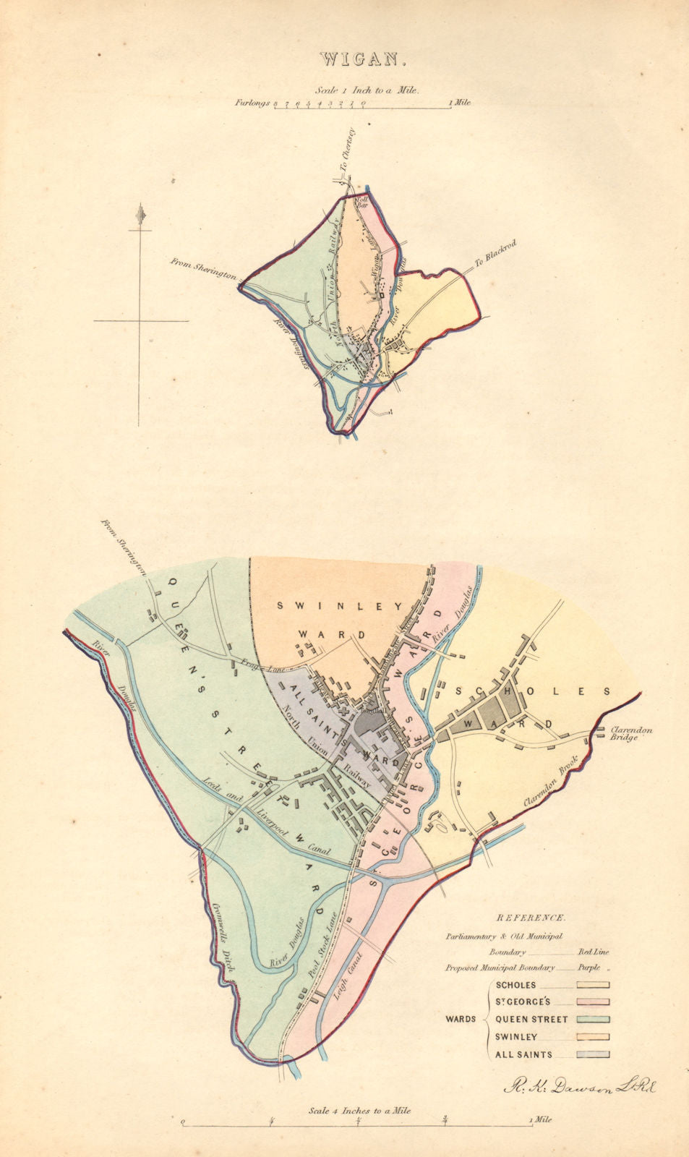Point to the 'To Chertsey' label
coord(350,149)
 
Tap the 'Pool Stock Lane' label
coord(323,945)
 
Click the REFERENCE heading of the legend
coord(530,918)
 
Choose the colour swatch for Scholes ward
coord(593,985)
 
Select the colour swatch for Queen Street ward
coord(593,1020)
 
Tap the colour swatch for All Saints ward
coord(593,1054)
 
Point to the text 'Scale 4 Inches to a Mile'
coord(359,1110)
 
